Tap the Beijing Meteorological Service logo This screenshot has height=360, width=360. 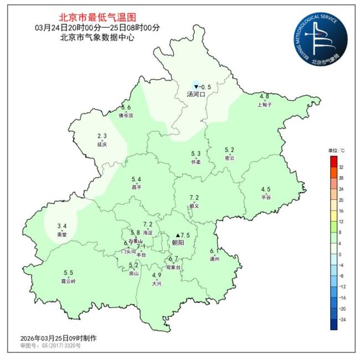321,38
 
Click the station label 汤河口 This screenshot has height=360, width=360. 196,95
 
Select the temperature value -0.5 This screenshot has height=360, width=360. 205,87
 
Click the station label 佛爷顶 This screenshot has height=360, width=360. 126,115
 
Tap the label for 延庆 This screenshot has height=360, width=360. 102,144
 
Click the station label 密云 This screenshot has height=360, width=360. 229,158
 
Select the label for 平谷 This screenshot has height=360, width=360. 266,197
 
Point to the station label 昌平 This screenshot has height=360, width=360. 136,187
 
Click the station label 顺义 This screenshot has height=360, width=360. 194,205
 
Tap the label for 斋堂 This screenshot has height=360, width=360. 62,234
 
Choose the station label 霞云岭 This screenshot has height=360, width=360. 69,281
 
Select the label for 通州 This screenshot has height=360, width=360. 215,259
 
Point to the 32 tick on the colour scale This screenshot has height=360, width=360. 342,167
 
